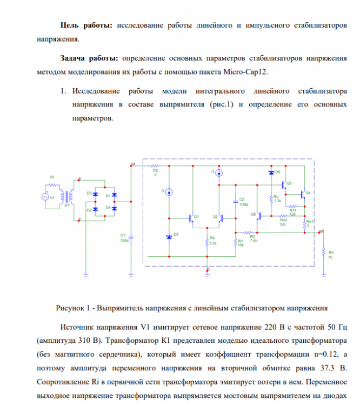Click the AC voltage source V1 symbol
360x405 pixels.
pos(45,197)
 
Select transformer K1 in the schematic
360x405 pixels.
pos(67,197)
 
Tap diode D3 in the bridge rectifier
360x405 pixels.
pos(96,194)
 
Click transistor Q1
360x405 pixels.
pos(191,218)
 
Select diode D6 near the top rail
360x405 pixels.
pos(271,172)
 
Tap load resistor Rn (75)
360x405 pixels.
pos(323,255)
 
